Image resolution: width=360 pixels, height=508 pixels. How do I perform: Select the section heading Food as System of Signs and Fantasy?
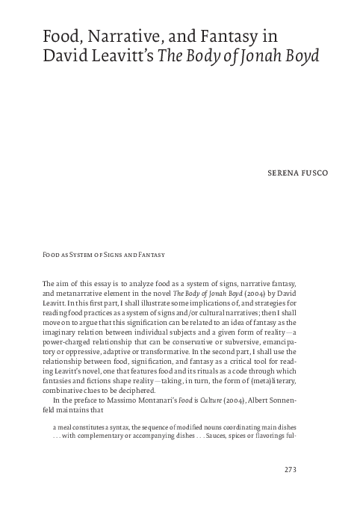103,255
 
